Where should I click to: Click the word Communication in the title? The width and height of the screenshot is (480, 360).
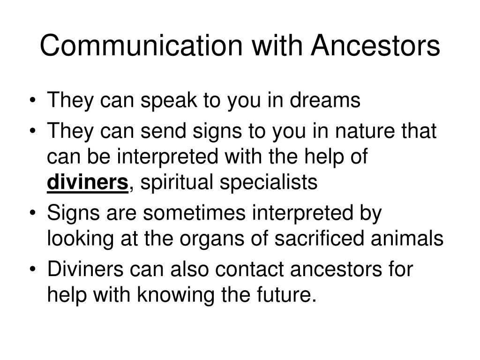click(x=141, y=45)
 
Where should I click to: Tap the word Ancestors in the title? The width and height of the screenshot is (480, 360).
click(x=375, y=45)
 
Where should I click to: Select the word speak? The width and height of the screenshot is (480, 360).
click(x=169, y=101)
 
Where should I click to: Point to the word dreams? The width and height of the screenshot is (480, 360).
click(x=325, y=100)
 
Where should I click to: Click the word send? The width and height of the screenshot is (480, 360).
click(x=163, y=131)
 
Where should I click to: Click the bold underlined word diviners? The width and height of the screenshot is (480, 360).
click(x=88, y=182)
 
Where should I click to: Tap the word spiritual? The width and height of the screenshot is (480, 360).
click(x=177, y=183)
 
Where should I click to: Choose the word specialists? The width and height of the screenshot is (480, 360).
click(x=269, y=183)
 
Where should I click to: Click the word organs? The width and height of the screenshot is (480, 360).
click(x=212, y=240)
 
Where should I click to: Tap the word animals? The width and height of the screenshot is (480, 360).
click(x=407, y=238)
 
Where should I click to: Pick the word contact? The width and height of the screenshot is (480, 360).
click(x=249, y=270)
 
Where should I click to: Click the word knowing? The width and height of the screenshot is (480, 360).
click(x=175, y=295)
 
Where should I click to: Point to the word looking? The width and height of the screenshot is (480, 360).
click(x=80, y=239)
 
